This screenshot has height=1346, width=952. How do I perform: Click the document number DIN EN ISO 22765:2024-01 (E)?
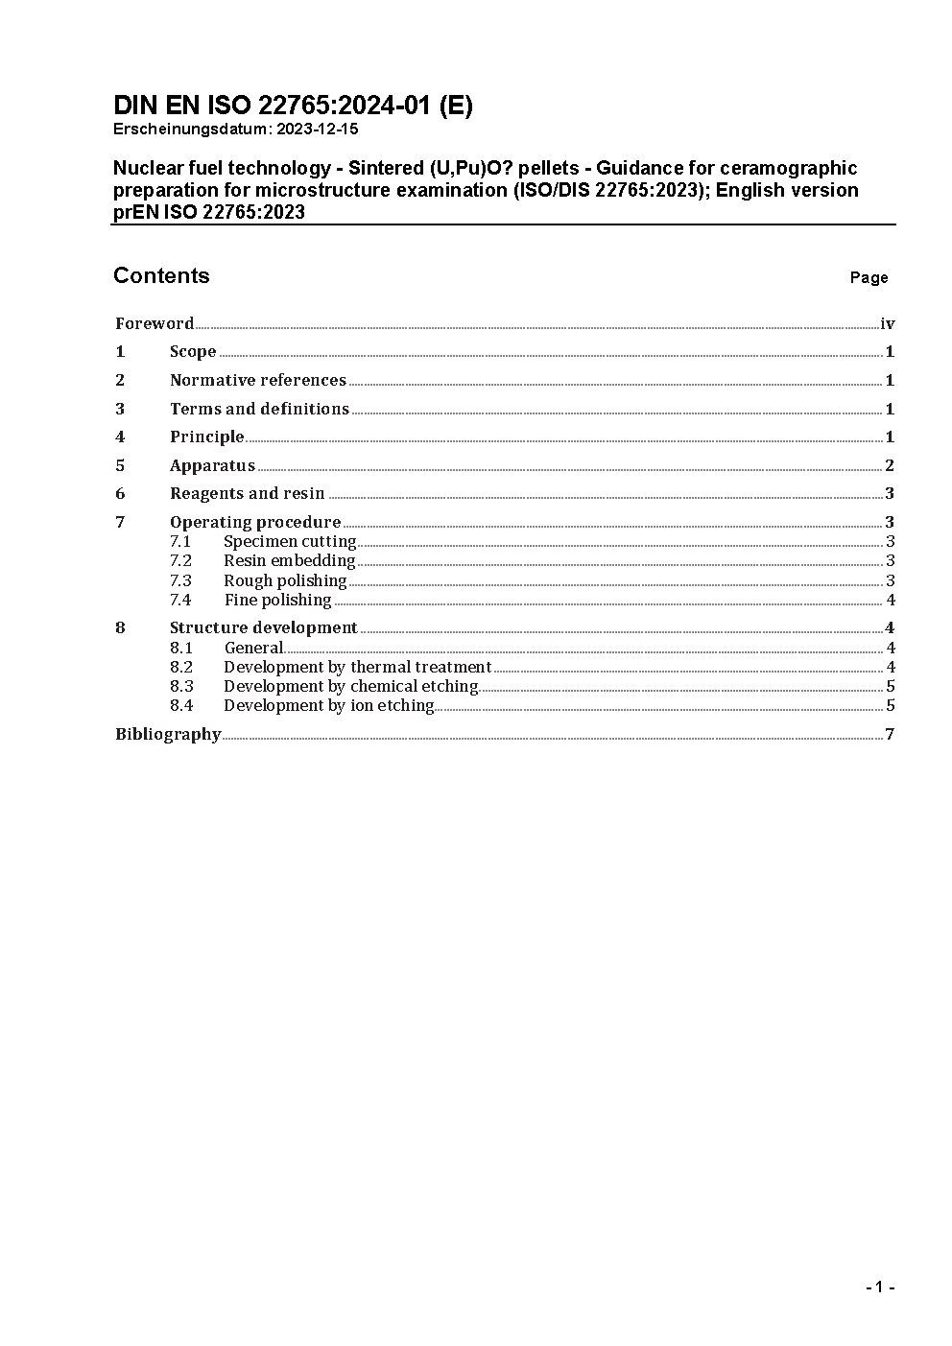(x=293, y=106)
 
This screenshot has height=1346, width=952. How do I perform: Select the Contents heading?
(x=161, y=275)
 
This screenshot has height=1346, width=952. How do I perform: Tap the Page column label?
(x=869, y=277)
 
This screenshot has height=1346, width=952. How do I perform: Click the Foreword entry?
(x=155, y=323)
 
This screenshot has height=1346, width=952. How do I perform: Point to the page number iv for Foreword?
(x=887, y=323)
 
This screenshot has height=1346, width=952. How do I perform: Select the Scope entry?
(x=193, y=351)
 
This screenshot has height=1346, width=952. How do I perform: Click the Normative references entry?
(x=257, y=380)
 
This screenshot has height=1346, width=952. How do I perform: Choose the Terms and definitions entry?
(x=259, y=409)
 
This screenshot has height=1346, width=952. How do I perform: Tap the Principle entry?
(x=206, y=437)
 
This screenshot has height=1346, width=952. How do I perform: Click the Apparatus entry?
(x=212, y=465)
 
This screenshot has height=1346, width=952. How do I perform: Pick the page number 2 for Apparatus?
(x=890, y=465)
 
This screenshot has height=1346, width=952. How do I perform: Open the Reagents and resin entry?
(x=247, y=493)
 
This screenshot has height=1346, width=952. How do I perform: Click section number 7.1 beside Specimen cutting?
(x=180, y=541)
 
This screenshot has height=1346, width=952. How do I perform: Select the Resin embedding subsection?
(x=289, y=560)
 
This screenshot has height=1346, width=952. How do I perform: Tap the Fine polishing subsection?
(x=277, y=600)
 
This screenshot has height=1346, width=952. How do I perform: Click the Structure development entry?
(x=263, y=627)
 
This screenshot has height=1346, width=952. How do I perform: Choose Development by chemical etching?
(x=350, y=686)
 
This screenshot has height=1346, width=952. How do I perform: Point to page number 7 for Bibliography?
(x=890, y=734)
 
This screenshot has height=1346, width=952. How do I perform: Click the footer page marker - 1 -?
(x=879, y=1287)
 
